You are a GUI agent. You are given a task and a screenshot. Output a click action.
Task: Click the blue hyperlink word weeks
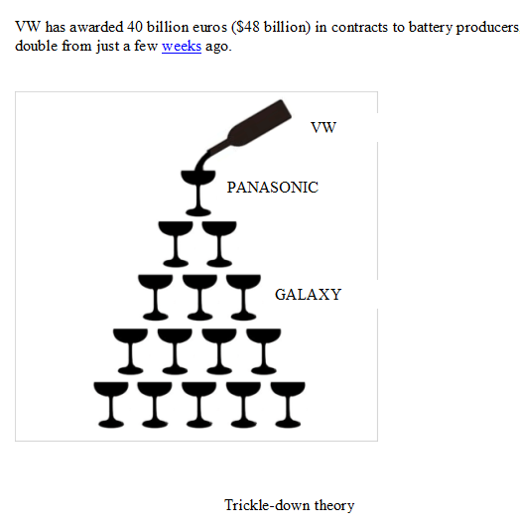(x=182, y=46)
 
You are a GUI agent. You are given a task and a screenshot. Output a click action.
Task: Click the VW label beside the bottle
(x=324, y=128)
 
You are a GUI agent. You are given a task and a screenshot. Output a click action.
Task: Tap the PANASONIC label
(x=273, y=188)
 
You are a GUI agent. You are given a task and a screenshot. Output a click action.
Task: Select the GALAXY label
(x=308, y=295)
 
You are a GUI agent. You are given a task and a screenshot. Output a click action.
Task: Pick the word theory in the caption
(x=334, y=506)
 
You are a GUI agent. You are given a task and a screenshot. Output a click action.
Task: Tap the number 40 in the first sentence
(x=135, y=27)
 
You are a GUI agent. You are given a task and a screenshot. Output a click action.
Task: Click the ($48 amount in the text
(x=245, y=27)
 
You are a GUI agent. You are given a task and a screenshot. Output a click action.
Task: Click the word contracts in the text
(x=359, y=28)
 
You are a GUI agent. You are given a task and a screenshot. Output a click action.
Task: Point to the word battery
(x=430, y=28)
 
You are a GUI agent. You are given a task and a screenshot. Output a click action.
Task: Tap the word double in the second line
(x=37, y=46)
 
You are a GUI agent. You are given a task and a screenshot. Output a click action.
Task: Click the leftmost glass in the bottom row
(x=111, y=405)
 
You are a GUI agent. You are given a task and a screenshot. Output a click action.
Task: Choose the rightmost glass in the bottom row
(x=288, y=405)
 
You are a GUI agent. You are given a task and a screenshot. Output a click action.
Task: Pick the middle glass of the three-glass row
(x=199, y=298)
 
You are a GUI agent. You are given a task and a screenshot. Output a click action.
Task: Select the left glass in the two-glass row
(x=176, y=244)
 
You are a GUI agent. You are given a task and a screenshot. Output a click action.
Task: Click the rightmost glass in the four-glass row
(x=264, y=351)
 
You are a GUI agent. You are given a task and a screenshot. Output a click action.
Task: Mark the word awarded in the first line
(x=96, y=27)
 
